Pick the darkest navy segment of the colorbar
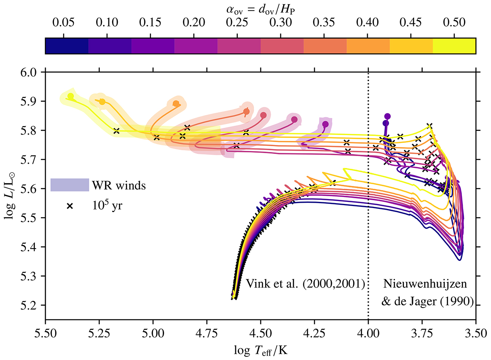(x=67, y=46)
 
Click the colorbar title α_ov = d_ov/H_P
(x=260, y=8)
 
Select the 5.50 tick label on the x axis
(x=45, y=331)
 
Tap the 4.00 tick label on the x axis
(x=368, y=331)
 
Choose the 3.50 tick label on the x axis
(x=475, y=331)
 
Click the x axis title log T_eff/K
(x=260, y=349)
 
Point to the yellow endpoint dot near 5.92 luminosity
(x=70, y=96)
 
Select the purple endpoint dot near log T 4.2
(x=325, y=124)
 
